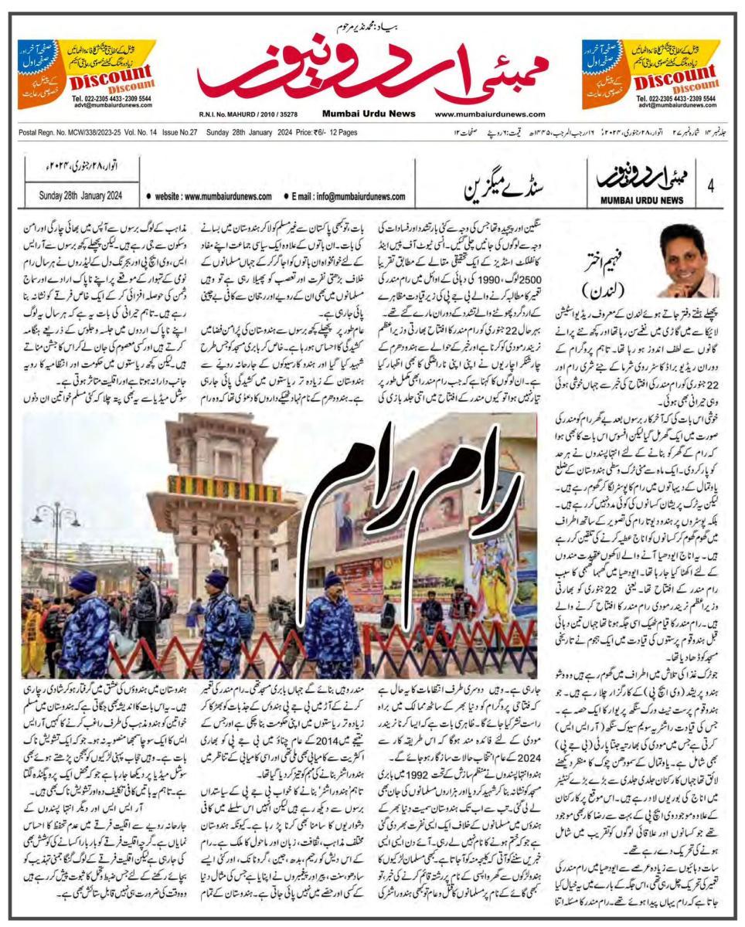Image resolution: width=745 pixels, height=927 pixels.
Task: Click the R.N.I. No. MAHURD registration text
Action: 247,114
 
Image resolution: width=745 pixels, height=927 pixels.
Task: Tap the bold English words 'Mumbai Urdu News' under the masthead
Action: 357,114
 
